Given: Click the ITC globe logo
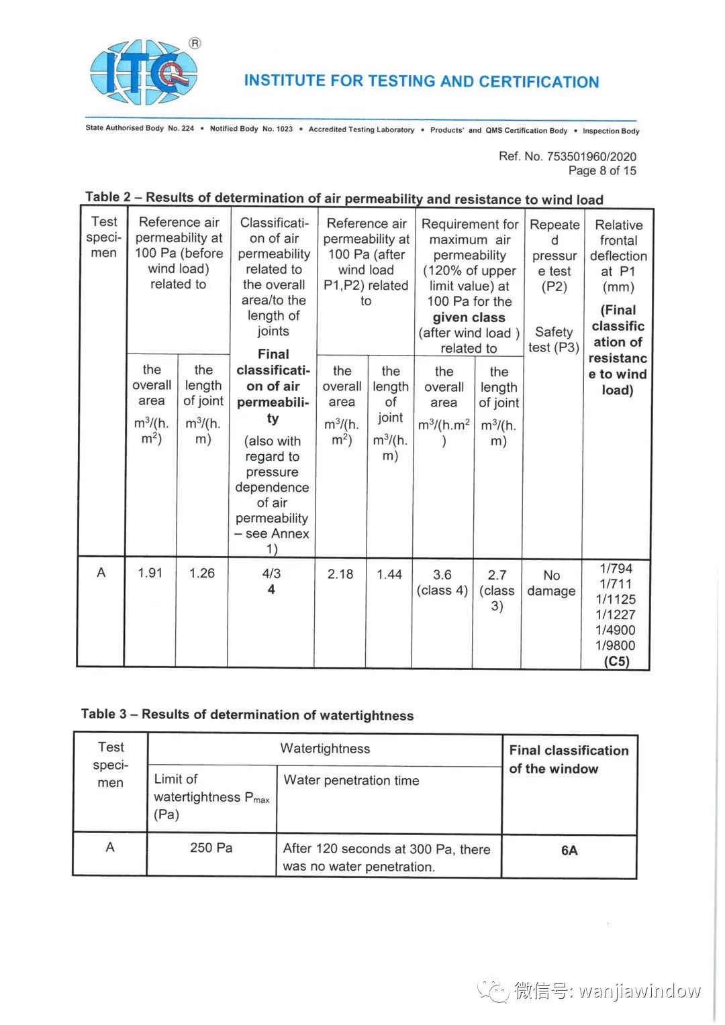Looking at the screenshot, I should click(144, 72).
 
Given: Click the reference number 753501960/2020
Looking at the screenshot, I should click(591, 156).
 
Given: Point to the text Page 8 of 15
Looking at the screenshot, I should click(602, 171).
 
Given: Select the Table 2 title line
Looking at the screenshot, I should click(344, 198).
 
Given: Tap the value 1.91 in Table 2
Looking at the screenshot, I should click(150, 573).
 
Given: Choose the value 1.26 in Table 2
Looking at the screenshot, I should click(202, 574).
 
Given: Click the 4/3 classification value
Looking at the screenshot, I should click(271, 574).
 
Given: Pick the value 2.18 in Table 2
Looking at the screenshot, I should click(340, 574).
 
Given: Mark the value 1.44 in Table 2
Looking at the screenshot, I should click(389, 574).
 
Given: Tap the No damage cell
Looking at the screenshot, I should click(551, 583).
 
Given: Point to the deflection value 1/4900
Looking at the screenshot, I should click(616, 630).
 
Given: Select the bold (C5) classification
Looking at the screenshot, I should click(616, 661).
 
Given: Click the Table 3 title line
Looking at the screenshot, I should click(247, 714).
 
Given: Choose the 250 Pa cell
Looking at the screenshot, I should click(211, 848).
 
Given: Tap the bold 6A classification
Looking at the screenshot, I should click(569, 851).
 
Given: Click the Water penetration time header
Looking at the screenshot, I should click(351, 780).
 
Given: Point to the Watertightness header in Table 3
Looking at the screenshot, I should click(325, 749).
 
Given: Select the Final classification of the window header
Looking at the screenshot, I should click(569, 759).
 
